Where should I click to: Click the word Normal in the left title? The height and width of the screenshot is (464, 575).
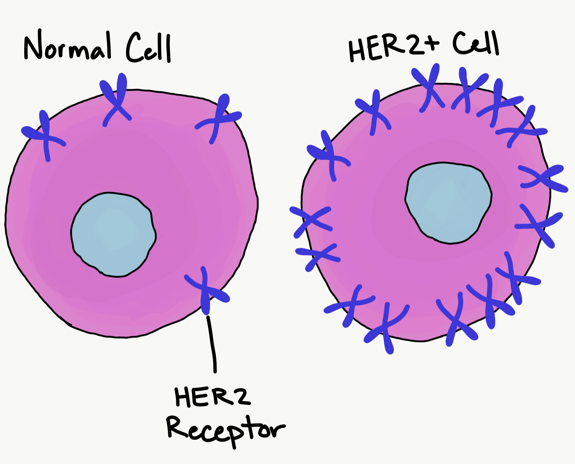67,47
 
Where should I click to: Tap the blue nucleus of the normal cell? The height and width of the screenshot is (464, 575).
113,234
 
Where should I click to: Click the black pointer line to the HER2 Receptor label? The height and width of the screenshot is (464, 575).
212,343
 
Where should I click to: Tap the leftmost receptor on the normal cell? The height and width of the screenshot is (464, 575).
45,136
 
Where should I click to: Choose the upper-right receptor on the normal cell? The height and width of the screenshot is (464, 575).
219,118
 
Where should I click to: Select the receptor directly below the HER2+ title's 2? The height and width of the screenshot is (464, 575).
428,87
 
